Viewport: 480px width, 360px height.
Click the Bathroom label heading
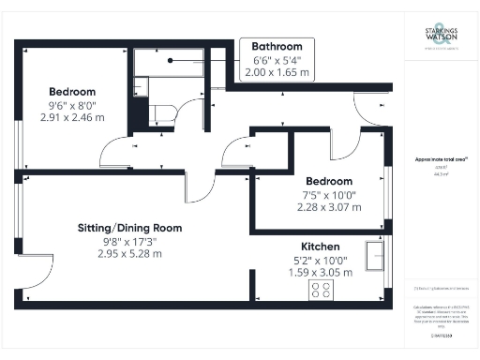(x=276, y=47)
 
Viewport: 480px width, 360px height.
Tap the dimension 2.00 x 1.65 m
(x=276, y=72)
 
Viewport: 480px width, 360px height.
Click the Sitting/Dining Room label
(x=129, y=228)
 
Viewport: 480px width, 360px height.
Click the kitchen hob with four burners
(x=321, y=290)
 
